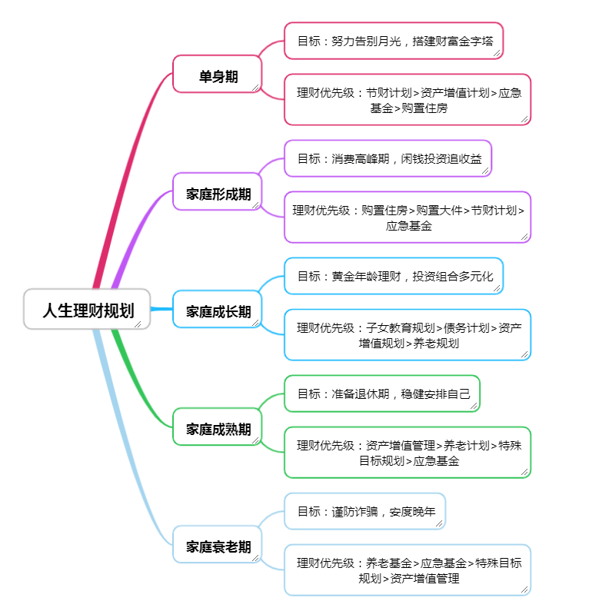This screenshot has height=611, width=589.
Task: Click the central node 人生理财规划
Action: pyautogui.click(x=87, y=310)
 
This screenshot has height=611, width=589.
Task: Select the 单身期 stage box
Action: pyautogui.click(x=218, y=75)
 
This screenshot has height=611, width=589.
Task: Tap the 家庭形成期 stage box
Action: pyautogui.click(x=218, y=192)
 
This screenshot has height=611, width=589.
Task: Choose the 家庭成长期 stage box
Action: pyautogui.click(x=218, y=310)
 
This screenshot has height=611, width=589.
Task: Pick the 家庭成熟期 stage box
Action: pyautogui.click(x=218, y=428)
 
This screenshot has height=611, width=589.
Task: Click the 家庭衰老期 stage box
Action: pyautogui.click(x=218, y=546)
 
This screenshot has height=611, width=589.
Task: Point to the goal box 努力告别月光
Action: pyautogui.click(x=393, y=41)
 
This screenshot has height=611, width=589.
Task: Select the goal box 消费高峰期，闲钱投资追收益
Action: pyautogui.click(x=388, y=158)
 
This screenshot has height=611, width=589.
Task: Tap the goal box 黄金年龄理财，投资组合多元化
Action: pyautogui.click(x=393, y=276)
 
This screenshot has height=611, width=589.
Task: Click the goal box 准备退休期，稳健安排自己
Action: pyautogui.click(x=381, y=393)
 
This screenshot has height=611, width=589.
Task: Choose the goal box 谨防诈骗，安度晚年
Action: pyautogui.click(x=364, y=511)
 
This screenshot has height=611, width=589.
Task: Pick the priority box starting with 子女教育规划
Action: pyautogui.click(x=408, y=335)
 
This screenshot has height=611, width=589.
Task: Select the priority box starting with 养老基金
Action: pyautogui.click(x=408, y=570)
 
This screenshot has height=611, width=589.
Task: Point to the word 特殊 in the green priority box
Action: pyautogui.click(x=510, y=445)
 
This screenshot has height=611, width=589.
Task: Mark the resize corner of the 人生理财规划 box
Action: pyautogui.click(x=138, y=324)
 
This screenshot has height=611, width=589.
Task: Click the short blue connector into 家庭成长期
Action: pyautogui.click(x=162, y=309)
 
